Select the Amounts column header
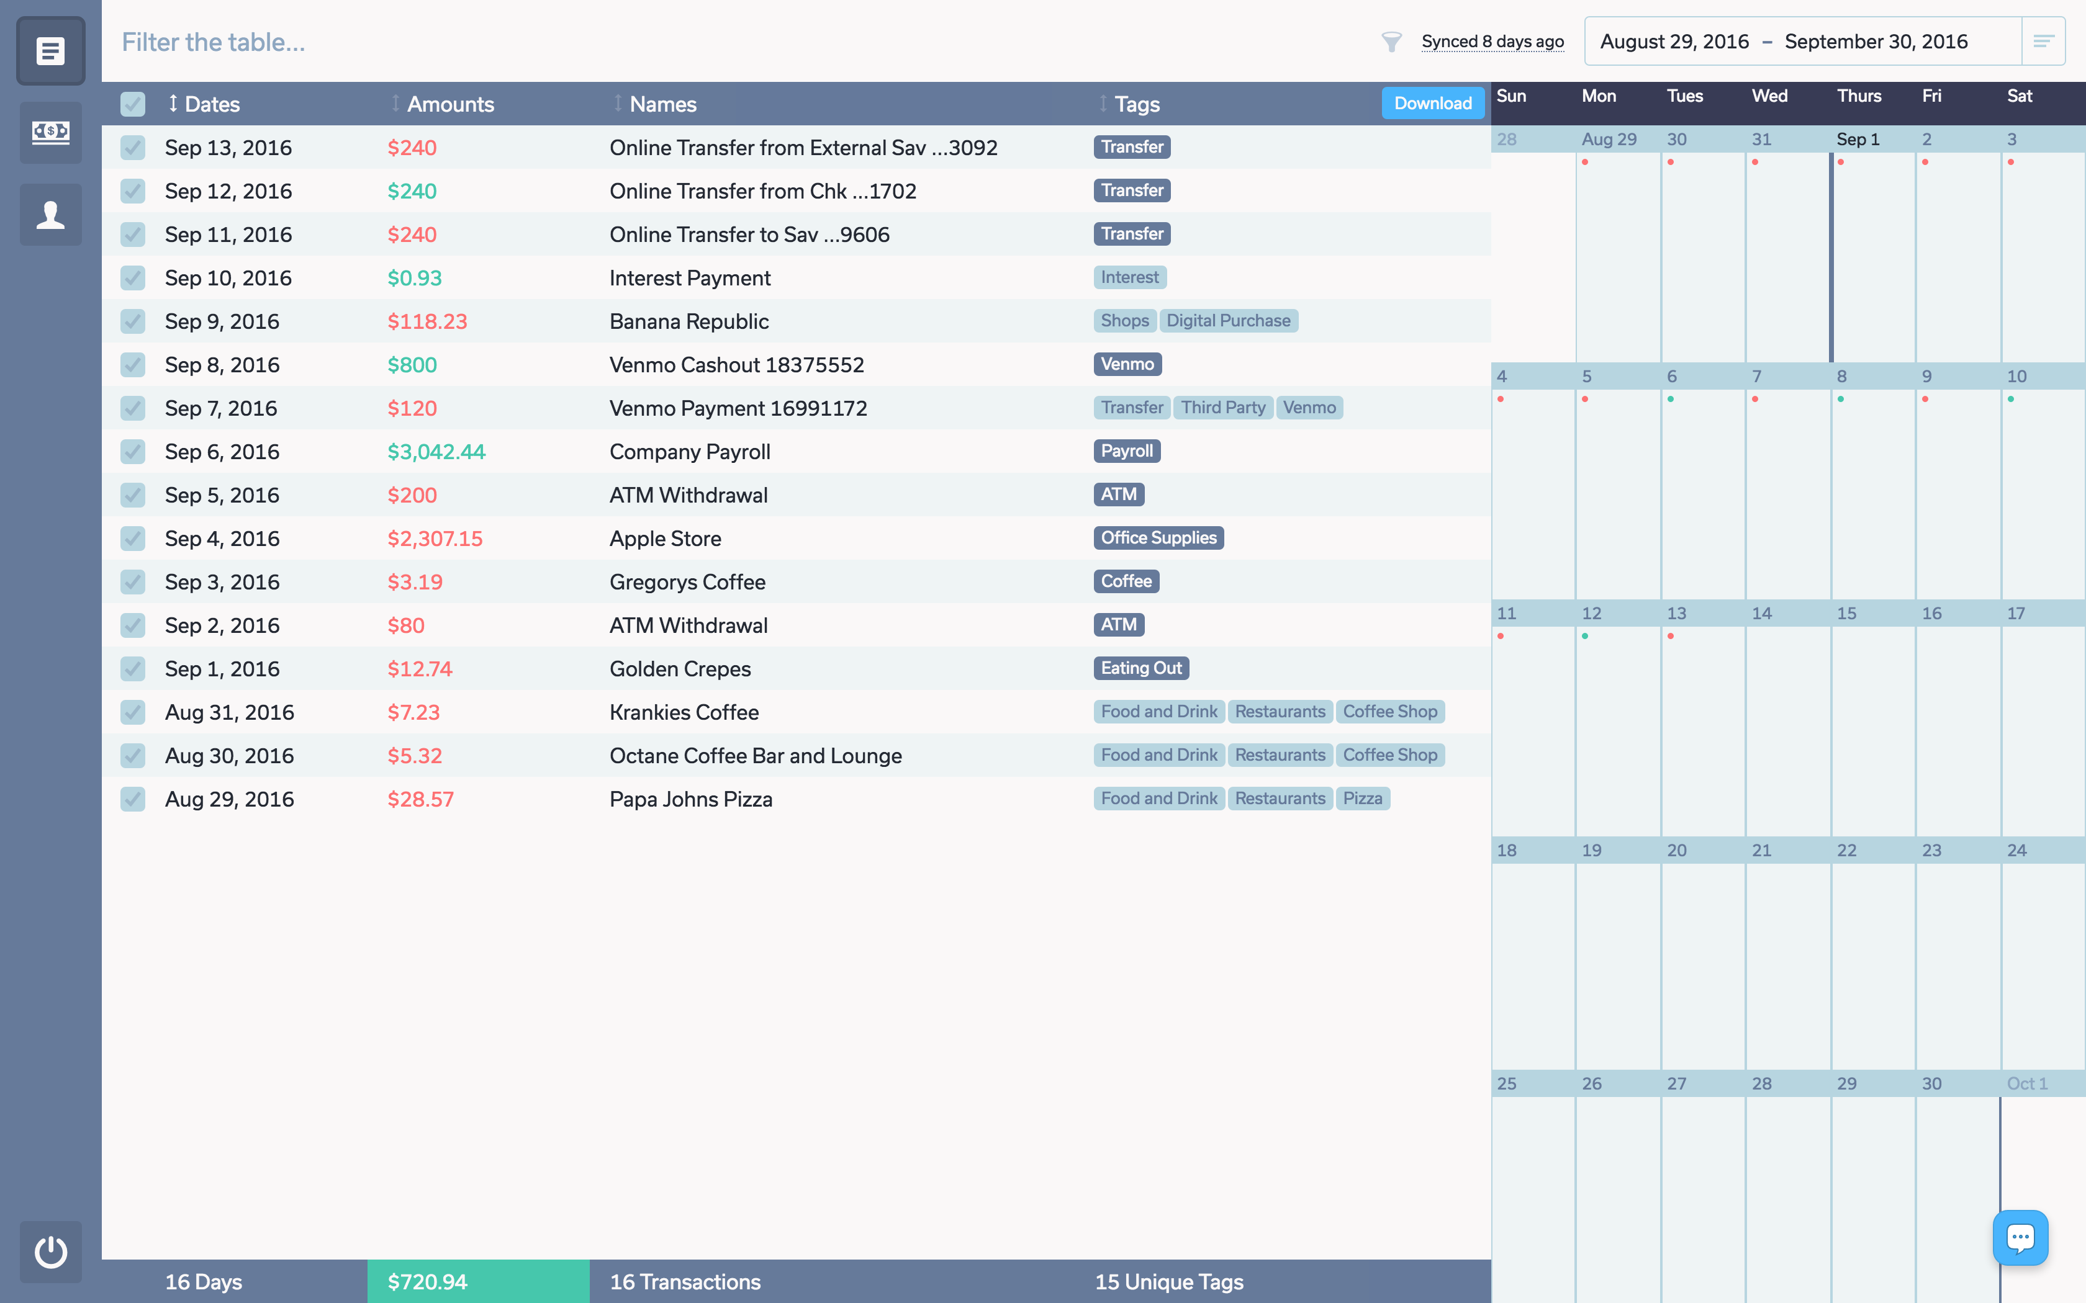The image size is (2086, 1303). (x=450, y=104)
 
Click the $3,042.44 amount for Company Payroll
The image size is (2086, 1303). (x=436, y=452)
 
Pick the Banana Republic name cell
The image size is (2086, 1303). (x=689, y=321)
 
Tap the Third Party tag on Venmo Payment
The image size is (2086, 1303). (x=1222, y=408)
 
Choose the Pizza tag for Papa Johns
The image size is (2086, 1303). (x=1362, y=799)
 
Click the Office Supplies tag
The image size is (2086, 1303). (x=1158, y=538)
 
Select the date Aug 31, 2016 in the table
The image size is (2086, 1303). (x=229, y=713)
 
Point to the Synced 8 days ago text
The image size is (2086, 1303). (x=1492, y=42)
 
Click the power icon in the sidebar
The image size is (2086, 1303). (x=51, y=1252)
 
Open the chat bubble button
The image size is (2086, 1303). (x=2020, y=1237)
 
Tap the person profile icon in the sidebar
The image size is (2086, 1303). (x=51, y=215)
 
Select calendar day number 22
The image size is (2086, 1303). (x=1846, y=851)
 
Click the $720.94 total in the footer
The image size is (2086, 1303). (x=428, y=1281)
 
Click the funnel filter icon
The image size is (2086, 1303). (x=1391, y=42)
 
